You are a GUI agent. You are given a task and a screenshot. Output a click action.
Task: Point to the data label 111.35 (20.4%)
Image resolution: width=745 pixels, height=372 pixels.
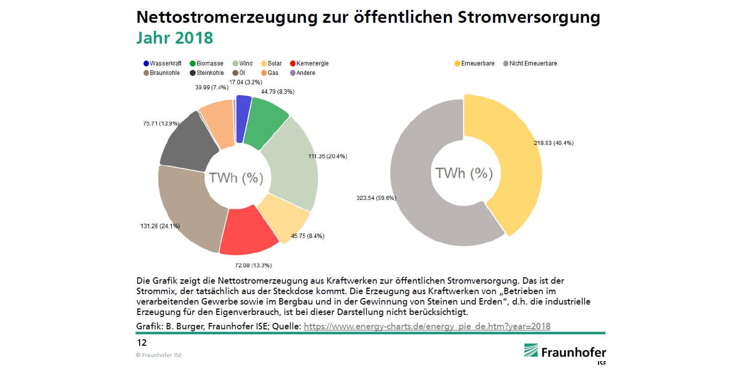click(x=324, y=156)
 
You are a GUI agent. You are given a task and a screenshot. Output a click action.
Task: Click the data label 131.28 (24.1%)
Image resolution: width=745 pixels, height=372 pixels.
click(x=160, y=226)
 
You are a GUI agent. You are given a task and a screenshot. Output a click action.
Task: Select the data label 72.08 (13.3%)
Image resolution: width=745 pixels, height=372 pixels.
click(x=253, y=265)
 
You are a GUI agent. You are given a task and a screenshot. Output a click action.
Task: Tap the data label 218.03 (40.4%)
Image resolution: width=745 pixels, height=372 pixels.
click(x=554, y=143)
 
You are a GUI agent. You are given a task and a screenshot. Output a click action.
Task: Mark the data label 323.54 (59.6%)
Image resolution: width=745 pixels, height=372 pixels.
click(x=376, y=198)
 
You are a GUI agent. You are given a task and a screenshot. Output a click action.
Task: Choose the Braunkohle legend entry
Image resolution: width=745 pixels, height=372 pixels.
click(x=161, y=73)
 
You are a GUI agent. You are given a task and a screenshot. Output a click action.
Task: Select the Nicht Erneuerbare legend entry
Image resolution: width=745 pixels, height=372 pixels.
click(x=530, y=63)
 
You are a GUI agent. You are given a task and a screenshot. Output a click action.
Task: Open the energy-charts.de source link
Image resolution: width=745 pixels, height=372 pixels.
click(x=427, y=326)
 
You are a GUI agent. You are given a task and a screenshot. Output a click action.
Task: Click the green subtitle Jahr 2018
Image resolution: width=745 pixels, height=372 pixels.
click(x=174, y=38)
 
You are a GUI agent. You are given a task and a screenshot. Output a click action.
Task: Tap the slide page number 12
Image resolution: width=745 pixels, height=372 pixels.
click(x=142, y=343)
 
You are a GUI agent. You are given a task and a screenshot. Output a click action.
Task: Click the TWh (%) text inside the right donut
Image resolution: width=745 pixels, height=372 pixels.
click(x=464, y=173)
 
